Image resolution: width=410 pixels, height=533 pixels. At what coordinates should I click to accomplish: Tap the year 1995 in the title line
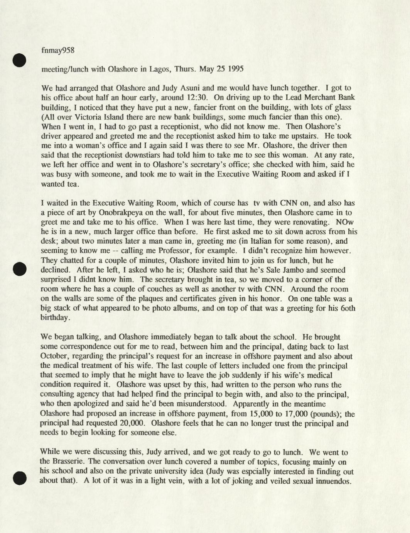(235, 70)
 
